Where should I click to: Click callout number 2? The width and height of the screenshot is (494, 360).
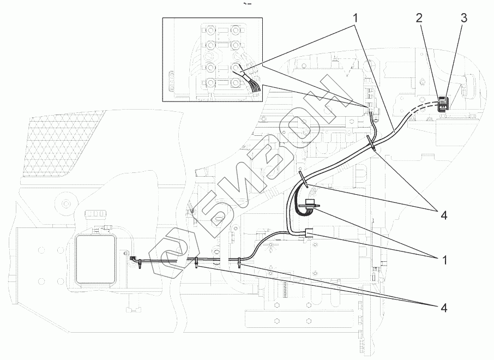[419, 17]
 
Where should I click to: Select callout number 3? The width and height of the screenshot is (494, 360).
[463, 17]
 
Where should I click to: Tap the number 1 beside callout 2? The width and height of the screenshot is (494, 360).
[355, 17]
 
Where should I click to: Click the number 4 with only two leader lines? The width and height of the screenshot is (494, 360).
[444, 215]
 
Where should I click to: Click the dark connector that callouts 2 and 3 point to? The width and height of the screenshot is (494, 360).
[444, 103]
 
